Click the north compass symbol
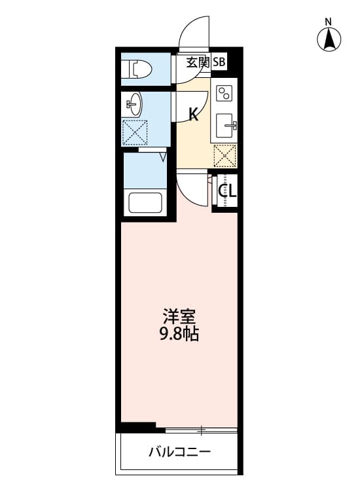[x=329, y=41]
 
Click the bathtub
[x=145, y=202]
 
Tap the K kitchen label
[x=194, y=115]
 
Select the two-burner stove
[x=225, y=93]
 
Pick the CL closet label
[x=227, y=191]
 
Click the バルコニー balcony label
[x=179, y=452]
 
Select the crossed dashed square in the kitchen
[x=225, y=156]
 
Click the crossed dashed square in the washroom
[x=135, y=133]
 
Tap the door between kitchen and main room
[x=192, y=187]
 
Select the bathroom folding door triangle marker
[x=162, y=156]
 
